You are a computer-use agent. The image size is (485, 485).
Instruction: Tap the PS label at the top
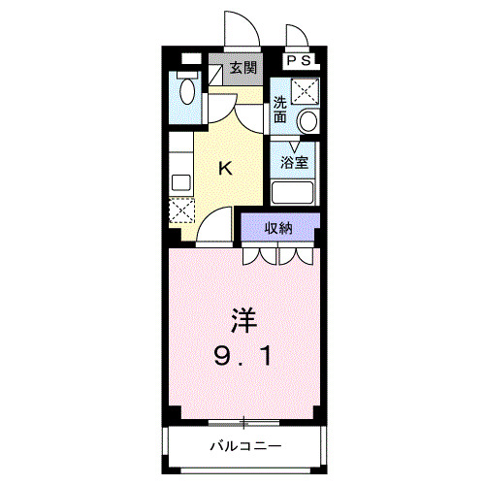pos(299,60)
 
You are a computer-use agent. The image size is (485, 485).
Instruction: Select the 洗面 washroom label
pos(279,109)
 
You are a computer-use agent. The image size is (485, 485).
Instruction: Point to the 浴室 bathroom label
pos(294,163)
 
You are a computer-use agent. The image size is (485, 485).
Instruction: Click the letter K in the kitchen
pos(225,169)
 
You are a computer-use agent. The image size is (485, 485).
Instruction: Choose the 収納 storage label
pos(279,228)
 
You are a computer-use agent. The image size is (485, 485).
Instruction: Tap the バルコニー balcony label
pos(246,447)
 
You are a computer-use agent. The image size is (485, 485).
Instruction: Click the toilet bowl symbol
pos(186,93)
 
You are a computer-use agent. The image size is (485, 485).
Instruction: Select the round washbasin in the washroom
pos(307,120)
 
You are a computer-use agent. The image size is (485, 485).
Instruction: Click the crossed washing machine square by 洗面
pos(306,90)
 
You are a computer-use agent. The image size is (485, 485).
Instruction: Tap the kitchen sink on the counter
pos(179,181)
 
